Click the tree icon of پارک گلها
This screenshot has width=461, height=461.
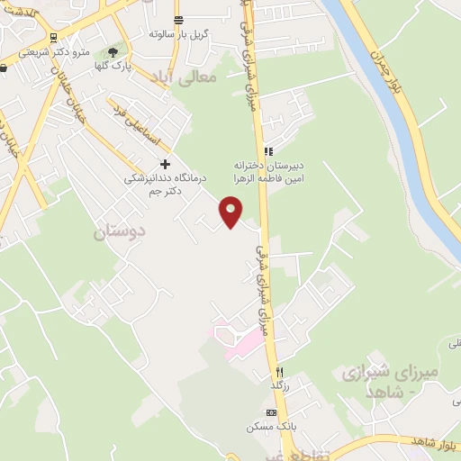(x=113, y=52)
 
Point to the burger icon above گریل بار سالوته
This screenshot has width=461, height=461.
(x=178, y=20)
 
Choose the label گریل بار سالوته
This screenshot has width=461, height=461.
(x=179, y=34)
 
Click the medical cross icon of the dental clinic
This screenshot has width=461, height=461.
(x=165, y=164)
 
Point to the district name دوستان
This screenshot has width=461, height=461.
(x=119, y=231)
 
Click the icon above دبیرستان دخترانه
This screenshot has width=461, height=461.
(x=267, y=151)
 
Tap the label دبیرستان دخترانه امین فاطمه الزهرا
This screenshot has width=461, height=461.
(x=267, y=173)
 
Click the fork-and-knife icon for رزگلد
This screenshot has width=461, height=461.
(x=279, y=372)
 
